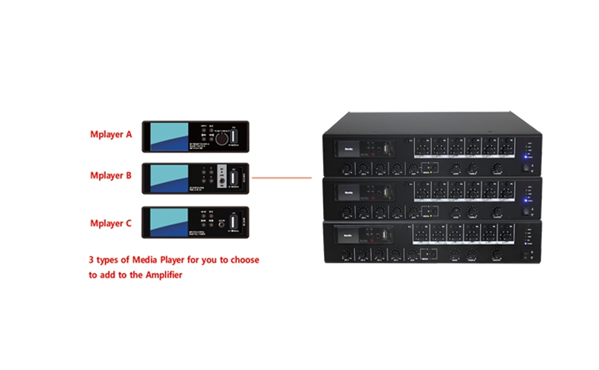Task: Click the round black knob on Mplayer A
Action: click(x=218, y=138)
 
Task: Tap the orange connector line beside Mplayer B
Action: click(x=281, y=178)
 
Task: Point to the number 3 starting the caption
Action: click(x=90, y=260)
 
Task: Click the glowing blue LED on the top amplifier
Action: click(x=524, y=156)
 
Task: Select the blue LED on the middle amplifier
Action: click(x=524, y=200)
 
